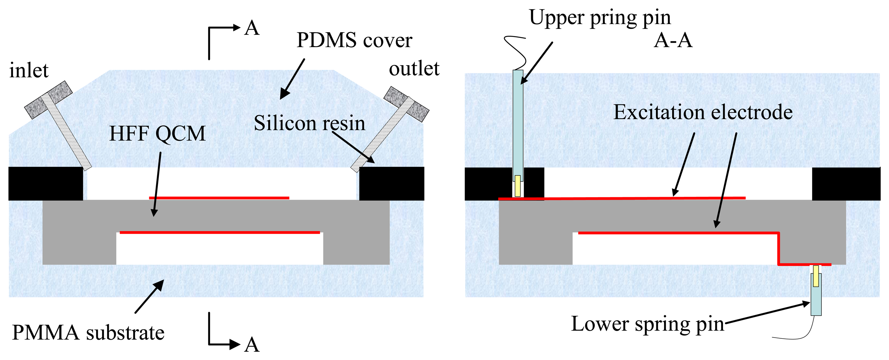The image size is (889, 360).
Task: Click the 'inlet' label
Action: point(29,70)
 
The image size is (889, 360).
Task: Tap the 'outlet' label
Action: point(414,69)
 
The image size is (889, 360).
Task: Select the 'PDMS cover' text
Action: point(354,40)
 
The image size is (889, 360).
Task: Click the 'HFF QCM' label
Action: point(157,134)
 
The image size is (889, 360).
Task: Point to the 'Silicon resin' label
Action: point(309,123)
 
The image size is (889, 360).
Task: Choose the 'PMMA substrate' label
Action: point(88,333)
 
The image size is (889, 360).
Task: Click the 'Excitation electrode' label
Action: point(703,112)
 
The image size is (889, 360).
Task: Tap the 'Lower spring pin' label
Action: point(647,324)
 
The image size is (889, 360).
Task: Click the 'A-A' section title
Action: point(673,40)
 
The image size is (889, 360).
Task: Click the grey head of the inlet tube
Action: point(48,100)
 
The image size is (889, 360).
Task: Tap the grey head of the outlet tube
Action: point(406,104)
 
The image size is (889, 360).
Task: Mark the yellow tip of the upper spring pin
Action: point(517,186)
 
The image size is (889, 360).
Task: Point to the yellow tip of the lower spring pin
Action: point(816,276)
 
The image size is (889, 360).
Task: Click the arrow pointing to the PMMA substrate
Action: point(149,296)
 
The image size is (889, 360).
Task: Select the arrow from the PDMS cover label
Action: point(292,79)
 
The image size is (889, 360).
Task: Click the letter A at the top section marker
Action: point(252,28)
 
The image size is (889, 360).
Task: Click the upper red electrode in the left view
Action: point(219,198)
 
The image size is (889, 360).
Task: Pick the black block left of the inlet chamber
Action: point(46,183)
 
